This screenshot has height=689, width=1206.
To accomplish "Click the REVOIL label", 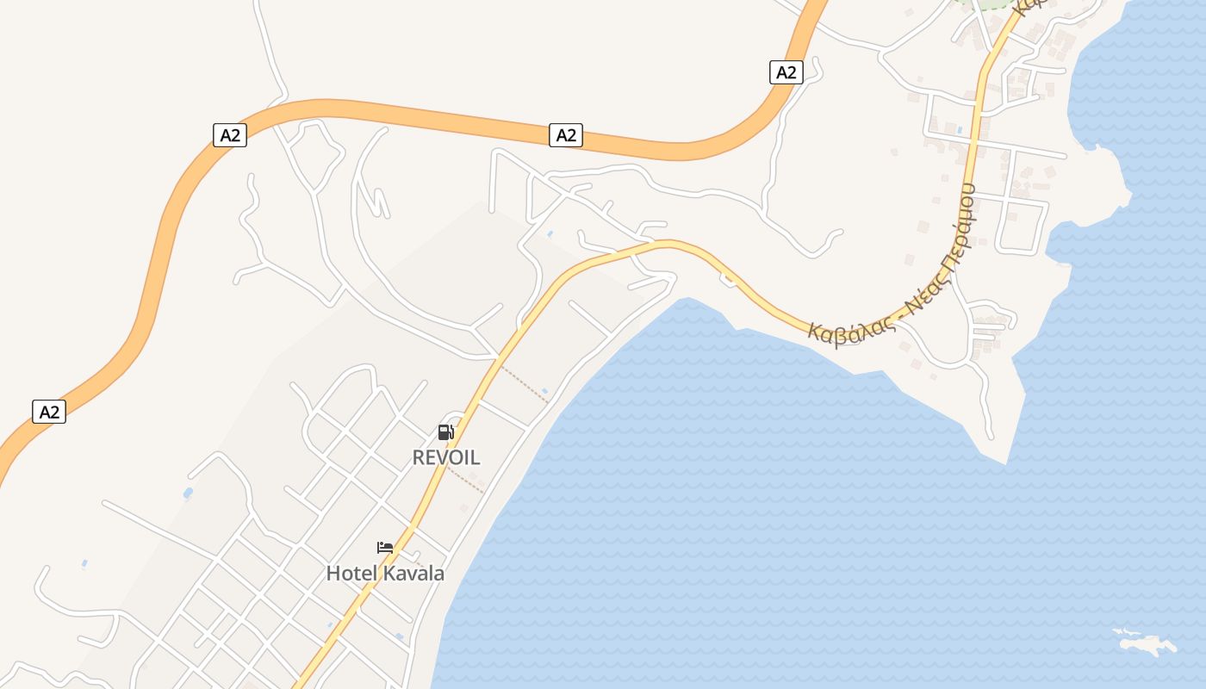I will pos(446,457).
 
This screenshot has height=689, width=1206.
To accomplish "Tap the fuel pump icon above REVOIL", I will pos(445,432).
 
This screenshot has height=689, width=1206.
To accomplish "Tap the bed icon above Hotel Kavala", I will pos(385,548).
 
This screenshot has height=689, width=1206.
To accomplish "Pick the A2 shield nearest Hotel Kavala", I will pos(49,412).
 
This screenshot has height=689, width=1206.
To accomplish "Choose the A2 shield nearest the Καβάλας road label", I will pos(786,72).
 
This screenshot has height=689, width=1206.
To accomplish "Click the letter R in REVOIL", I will pos(420,457).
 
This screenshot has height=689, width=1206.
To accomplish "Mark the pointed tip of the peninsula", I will pos(1004,463).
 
